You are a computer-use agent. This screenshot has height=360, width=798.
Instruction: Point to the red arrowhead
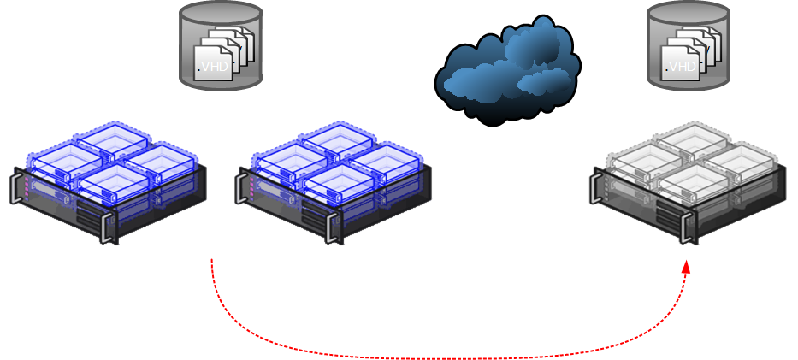[686, 268]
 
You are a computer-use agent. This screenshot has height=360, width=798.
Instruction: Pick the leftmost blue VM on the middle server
[290, 159]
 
